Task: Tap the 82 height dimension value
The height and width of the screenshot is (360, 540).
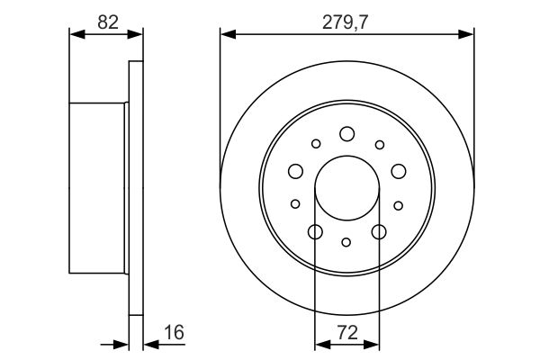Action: (x=108, y=22)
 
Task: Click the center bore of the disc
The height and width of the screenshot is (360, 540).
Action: (x=346, y=188)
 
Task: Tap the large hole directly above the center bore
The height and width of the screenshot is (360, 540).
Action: (x=346, y=134)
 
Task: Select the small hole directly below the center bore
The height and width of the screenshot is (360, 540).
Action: (x=346, y=241)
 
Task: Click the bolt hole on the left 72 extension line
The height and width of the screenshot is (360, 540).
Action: (x=315, y=232)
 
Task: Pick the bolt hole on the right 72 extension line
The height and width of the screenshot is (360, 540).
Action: (x=378, y=232)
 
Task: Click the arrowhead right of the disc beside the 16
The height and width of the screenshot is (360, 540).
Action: (x=148, y=345)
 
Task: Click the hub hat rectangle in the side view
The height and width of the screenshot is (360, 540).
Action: (x=99, y=187)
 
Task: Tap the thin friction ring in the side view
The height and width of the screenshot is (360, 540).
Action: (x=137, y=189)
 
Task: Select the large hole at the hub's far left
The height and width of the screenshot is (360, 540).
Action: (x=293, y=171)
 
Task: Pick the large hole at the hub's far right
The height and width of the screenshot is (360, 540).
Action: (x=400, y=171)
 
